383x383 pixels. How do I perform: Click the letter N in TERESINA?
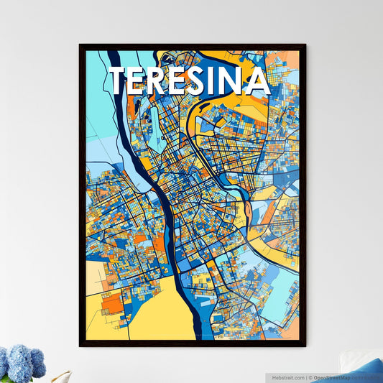click(x=241, y=81)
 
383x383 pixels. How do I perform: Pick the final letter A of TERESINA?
click(x=260, y=81)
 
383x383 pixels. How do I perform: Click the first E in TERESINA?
click(x=143, y=81)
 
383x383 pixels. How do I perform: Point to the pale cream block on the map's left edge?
click(x=95, y=277)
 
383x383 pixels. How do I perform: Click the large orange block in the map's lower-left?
click(x=112, y=304)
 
